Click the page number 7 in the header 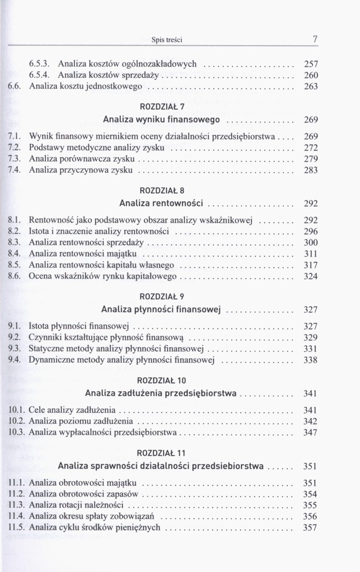click(315, 39)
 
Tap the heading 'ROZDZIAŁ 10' click(162, 380)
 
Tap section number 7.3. click(15, 158)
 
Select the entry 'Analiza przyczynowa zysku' click(81, 170)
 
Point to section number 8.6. click(15, 276)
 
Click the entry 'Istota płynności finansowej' click(80, 326)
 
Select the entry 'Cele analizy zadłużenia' click(72, 410)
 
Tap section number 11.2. click(17, 494)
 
